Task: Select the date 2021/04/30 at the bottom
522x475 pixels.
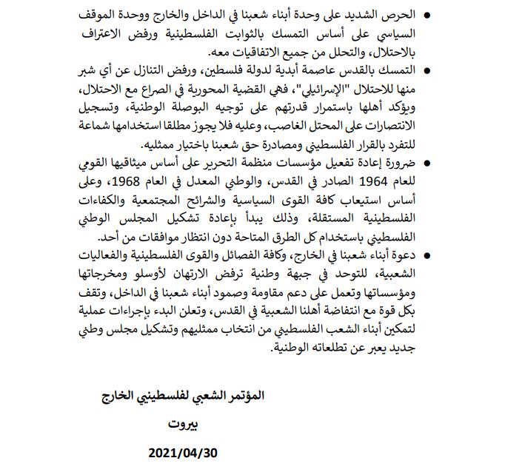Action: click(x=183, y=452)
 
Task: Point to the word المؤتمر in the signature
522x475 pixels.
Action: click(x=241, y=397)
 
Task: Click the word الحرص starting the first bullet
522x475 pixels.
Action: click(x=389, y=16)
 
